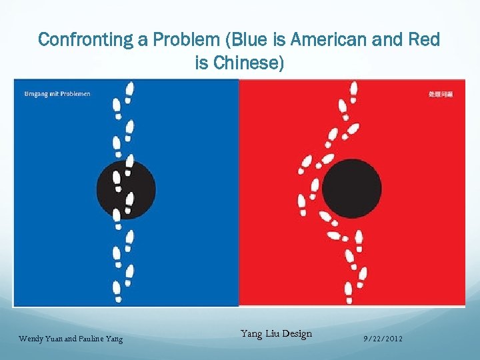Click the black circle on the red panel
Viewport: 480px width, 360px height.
pyautogui.click(x=352, y=187)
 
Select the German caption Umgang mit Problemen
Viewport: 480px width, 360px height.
pyautogui.click(x=57, y=93)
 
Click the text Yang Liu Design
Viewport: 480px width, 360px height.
pyautogui.click(x=276, y=333)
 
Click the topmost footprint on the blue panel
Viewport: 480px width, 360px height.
pyautogui.click(x=129, y=89)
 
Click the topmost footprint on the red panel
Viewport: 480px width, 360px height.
pyautogui.click(x=354, y=89)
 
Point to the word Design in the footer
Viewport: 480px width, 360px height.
pyautogui.click(x=295, y=333)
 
